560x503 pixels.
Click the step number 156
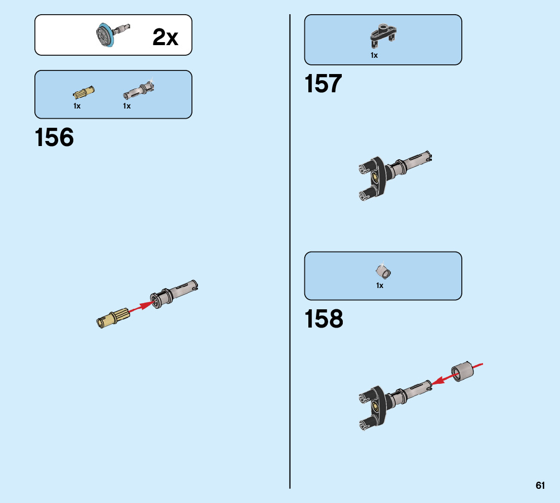[x=54, y=138]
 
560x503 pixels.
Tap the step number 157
[x=323, y=84]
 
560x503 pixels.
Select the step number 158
[x=324, y=319]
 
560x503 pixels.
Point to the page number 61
[x=540, y=485]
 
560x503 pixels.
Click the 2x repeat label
[x=166, y=38]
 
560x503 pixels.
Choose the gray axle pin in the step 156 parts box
[x=138, y=91]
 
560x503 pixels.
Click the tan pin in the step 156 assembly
[x=113, y=317]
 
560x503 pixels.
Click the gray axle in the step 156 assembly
[x=175, y=295]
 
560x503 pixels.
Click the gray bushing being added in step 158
[x=461, y=373]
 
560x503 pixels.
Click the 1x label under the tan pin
[x=77, y=106]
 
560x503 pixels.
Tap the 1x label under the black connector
[x=374, y=55]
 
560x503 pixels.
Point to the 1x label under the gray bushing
[x=380, y=285]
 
